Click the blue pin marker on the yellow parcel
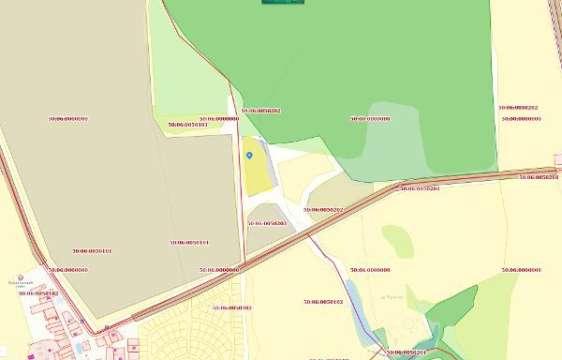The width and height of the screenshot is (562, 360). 249,155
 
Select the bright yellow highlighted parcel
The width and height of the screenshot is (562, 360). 256,173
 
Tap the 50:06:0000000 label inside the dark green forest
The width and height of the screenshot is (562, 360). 370,119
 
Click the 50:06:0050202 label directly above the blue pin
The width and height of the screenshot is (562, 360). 260,111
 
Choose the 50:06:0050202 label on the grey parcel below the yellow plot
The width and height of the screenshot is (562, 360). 267,223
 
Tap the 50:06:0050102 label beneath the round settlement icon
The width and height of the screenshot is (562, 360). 38,293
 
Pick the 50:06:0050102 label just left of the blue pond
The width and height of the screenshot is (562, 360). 323,302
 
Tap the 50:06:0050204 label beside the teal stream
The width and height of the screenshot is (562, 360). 407,352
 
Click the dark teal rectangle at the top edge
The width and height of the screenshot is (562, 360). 283,3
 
